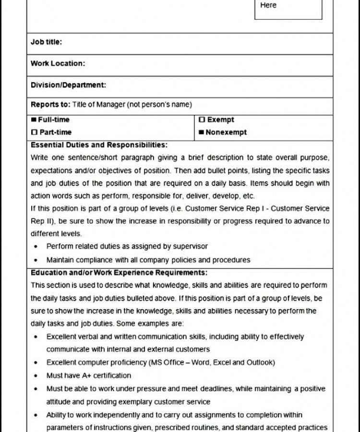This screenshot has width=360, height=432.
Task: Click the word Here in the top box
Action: click(268, 5)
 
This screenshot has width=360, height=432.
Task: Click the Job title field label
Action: click(46, 42)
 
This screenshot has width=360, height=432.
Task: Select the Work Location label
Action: click(58, 63)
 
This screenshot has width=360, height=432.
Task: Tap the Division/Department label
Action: click(68, 85)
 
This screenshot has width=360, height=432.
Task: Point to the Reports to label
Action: click(50, 105)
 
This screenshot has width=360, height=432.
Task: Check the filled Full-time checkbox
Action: click(34, 120)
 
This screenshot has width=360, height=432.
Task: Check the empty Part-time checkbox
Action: click(34, 132)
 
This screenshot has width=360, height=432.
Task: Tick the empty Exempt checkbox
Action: click(202, 120)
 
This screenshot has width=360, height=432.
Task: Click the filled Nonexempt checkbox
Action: click(202, 132)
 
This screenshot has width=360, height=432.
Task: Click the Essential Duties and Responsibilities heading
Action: click(99, 145)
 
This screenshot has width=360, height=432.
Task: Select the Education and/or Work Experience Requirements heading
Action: click(119, 273)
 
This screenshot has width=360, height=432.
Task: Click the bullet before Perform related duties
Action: click(37, 247)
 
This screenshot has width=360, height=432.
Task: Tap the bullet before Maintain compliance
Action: click(37, 260)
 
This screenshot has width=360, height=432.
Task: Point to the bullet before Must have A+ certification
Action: click(37, 375)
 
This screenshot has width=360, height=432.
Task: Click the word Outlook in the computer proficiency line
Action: click(260, 362)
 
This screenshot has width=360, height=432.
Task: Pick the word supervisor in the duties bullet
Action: click(191, 246)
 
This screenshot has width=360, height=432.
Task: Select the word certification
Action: click(112, 375)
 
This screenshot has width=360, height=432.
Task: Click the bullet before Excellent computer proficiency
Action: click(37, 362)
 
